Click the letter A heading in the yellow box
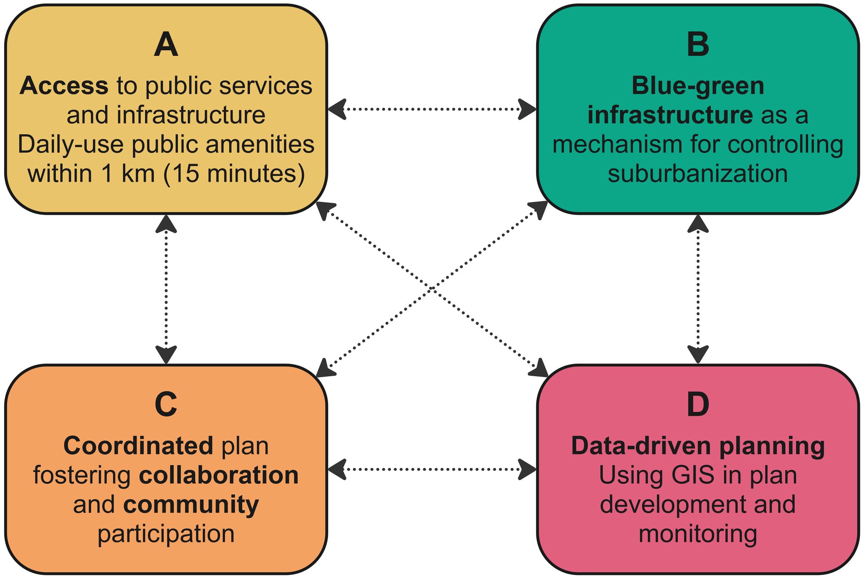coord(166,45)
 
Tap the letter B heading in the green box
coord(698,45)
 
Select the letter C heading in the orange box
coord(166,404)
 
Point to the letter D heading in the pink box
coord(698,404)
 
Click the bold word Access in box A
coord(64,85)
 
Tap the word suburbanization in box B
coord(698,174)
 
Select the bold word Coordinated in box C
coord(138,446)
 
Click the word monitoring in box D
coord(698,534)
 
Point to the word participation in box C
coord(166,534)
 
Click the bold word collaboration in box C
coord(219,475)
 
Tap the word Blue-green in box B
coord(698,85)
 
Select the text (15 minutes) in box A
coord(234,174)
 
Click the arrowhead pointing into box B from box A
coord(527,109)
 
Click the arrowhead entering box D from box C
coord(527,469)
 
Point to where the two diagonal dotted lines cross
coord(431,288)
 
